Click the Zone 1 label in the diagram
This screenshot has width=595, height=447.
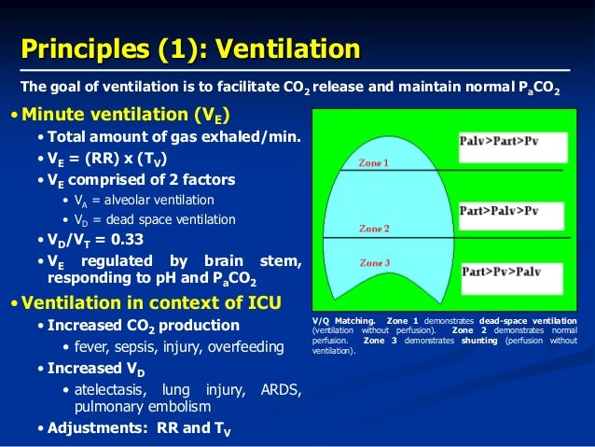point(375,162)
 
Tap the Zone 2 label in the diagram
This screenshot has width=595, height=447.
point(375,229)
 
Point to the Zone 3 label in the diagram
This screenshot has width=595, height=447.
point(375,264)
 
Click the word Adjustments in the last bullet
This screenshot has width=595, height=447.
point(91,429)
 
